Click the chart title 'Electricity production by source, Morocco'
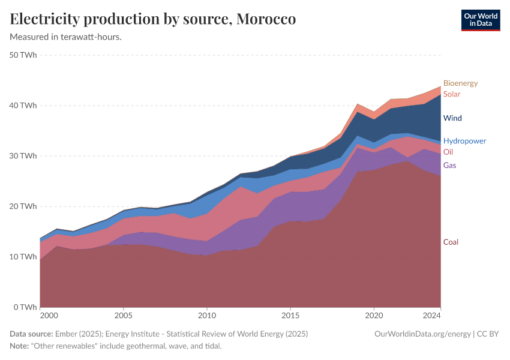click(153, 19)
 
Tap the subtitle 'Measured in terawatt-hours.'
click(66, 37)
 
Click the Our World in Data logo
click(481, 20)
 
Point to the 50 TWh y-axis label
click(23, 55)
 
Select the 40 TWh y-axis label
click(23, 106)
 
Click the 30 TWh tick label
click(23, 156)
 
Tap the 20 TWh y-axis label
click(23, 206)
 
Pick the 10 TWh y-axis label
click(23, 257)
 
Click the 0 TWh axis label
click(26, 307)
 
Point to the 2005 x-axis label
click(123, 315)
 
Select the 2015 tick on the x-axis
click(290, 315)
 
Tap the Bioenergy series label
click(460, 83)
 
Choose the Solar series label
click(452, 94)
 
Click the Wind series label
click(452, 118)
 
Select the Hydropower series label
click(464, 141)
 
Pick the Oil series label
click(448, 152)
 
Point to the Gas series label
click(450, 165)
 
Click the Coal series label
click(451, 242)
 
